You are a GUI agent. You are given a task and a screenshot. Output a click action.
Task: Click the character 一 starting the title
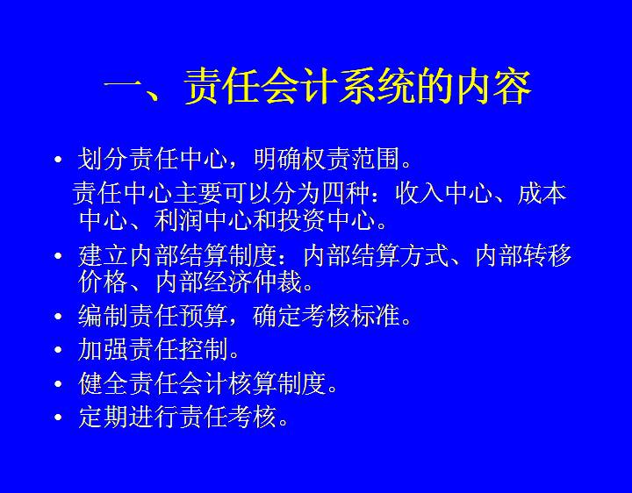(x=123, y=87)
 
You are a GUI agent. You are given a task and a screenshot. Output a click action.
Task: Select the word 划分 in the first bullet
(x=103, y=159)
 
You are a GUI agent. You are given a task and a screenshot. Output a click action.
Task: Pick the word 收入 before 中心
(x=420, y=194)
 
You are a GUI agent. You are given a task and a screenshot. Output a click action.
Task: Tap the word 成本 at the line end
(x=542, y=194)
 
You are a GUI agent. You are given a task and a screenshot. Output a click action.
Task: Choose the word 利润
(x=178, y=220)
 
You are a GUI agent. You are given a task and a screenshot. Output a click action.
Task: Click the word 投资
(x=302, y=220)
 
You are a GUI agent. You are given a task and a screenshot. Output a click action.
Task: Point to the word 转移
(x=547, y=255)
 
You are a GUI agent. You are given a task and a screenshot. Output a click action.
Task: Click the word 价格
(x=103, y=282)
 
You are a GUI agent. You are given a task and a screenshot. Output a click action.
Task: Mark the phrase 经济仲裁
(x=253, y=282)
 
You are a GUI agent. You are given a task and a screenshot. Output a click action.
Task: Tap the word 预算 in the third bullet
(x=203, y=316)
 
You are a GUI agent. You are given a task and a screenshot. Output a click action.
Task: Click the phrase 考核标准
(x=350, y=316)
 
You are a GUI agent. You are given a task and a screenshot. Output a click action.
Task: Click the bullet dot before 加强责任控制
(x=58, y=350)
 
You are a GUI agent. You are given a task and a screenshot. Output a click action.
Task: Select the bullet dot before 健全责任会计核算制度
(x=58, y=383)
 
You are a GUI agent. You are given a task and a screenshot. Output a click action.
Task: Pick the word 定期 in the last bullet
(x=103, y=417)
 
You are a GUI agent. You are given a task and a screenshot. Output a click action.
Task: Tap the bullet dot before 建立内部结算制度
(x=58, y=255)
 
